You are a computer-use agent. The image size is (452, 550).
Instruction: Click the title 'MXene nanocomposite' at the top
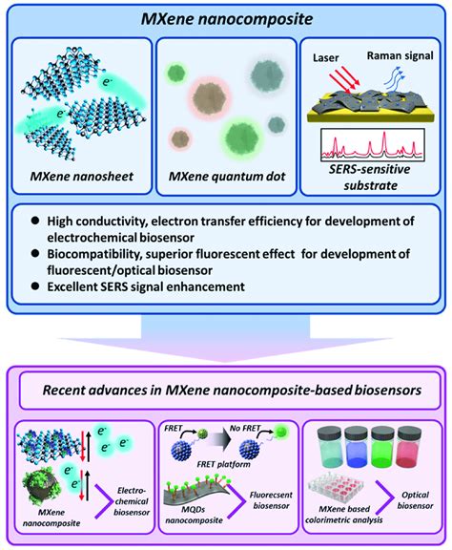[x=226, y=17]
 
